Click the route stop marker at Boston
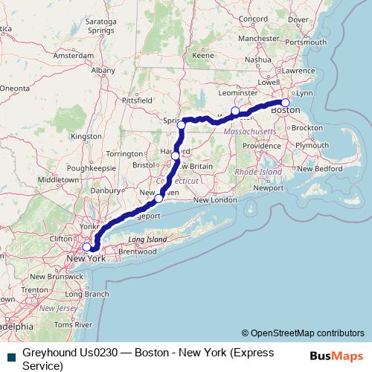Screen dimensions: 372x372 tap(285, 103)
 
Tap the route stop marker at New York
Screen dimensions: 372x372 tap(87, 247)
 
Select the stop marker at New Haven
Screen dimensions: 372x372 tap(158, 199)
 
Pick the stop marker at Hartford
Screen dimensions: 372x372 tap(176, 156)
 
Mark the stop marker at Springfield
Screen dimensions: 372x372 tap(182, 125)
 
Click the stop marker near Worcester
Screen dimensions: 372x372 tap(235, 111)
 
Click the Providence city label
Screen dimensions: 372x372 tap(262, 146)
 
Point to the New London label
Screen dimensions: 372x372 tap(214, 200)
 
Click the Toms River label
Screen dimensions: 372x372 tap(73, 325)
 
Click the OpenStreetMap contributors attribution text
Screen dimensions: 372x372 tap(307, 333)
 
